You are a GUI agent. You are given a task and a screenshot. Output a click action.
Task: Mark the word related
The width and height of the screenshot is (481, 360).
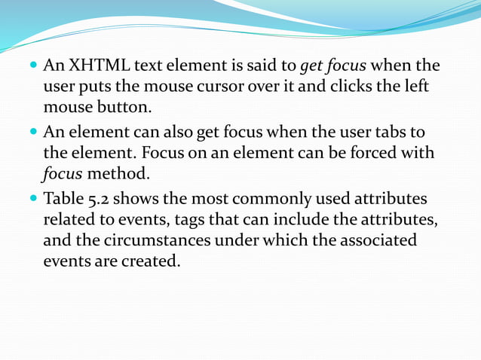click(68, 221)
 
